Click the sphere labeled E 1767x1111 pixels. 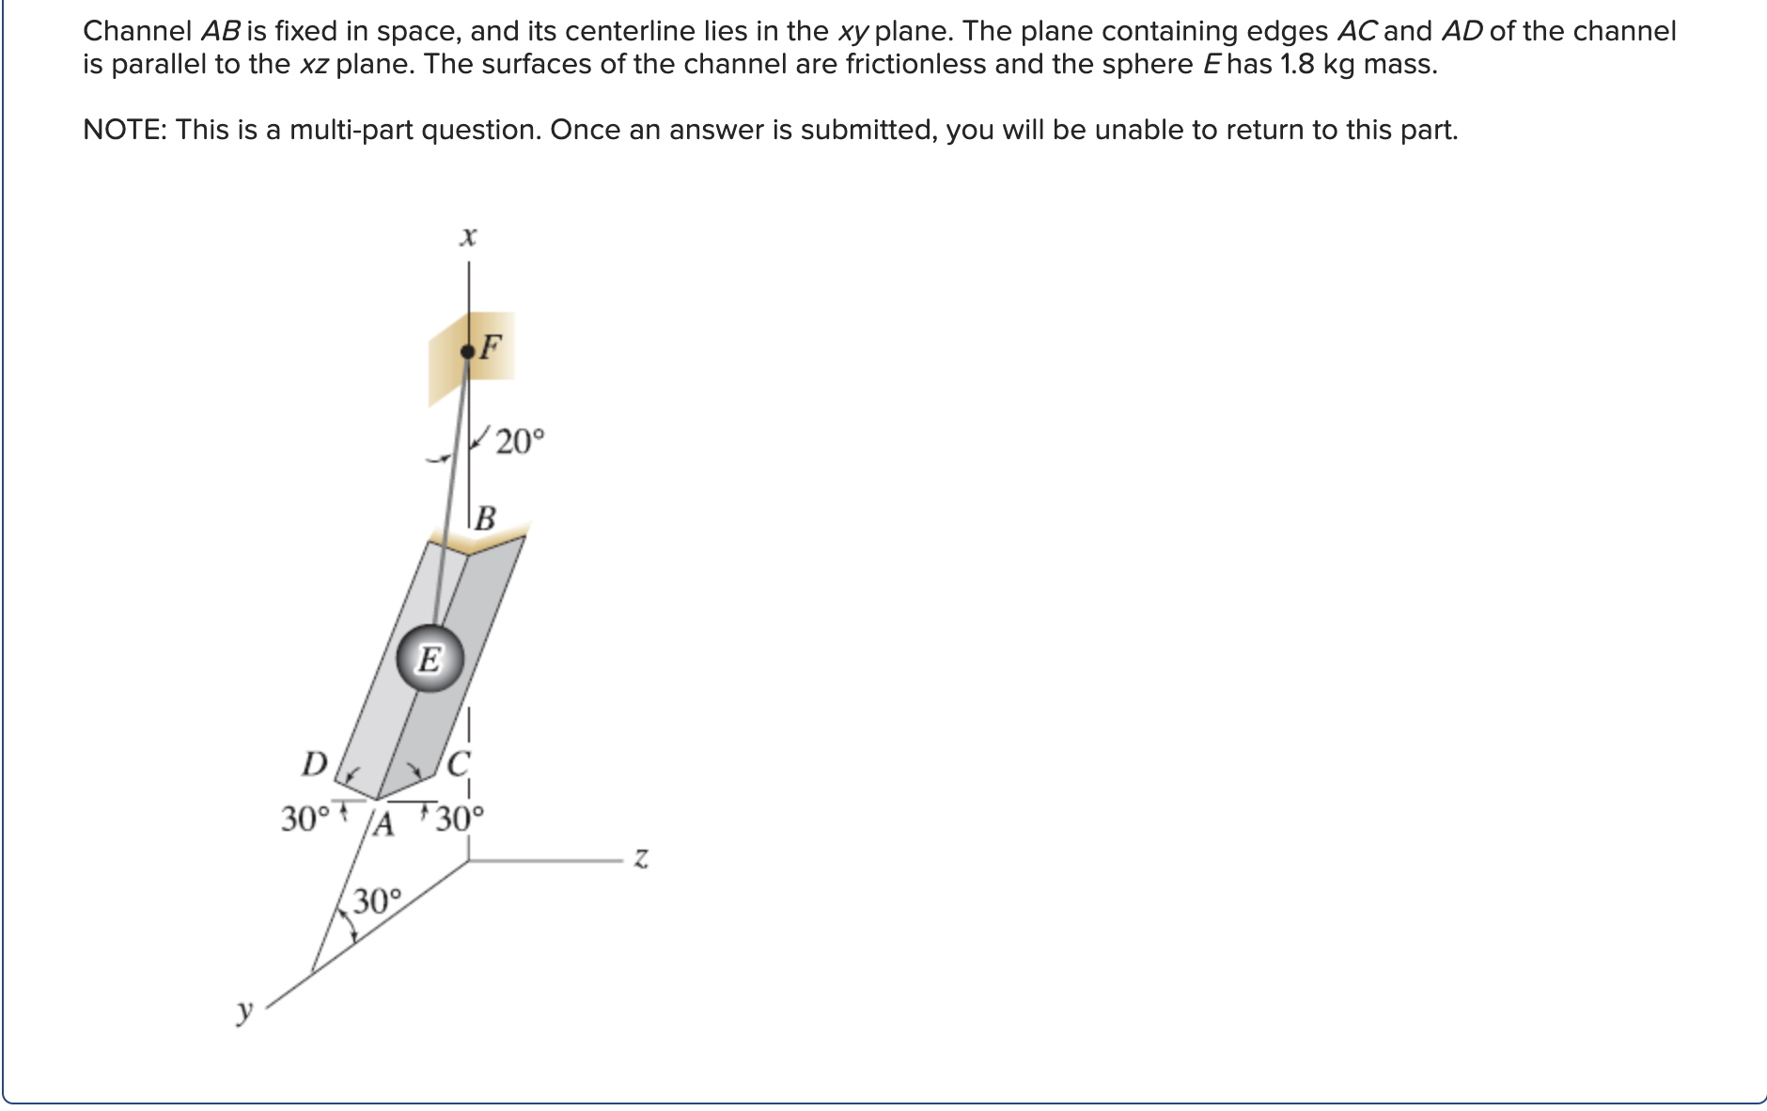430,659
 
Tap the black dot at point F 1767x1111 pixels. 467,352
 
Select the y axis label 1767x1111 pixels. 245,1011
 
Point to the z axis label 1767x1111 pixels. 640,858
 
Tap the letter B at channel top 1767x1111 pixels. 485,518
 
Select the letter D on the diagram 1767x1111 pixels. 314,763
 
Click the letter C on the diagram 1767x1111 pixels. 458,763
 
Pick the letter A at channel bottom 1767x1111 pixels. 383,823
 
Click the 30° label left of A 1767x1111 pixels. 306,819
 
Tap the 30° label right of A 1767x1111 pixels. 460,820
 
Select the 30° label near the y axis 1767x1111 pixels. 376,901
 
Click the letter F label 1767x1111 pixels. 492,347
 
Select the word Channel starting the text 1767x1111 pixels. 137,31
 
